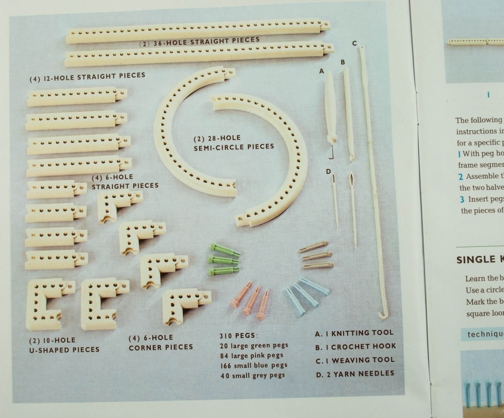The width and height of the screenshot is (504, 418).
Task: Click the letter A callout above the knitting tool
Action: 321,71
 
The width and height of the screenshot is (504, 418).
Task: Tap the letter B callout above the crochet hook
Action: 343,62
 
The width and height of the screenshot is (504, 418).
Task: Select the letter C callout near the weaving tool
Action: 354,43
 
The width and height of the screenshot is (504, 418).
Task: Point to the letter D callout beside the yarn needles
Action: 328,171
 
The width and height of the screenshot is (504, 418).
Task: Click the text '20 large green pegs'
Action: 254,346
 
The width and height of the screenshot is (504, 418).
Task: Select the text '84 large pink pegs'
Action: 251,356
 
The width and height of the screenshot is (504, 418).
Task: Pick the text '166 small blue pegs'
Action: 254,365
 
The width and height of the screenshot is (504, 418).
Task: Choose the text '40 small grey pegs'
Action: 253,376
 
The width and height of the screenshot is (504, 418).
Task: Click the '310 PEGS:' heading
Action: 239,335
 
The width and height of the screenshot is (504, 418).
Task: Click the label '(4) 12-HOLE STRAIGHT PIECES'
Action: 87,77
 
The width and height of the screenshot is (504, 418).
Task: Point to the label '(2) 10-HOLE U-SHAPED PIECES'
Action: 64,345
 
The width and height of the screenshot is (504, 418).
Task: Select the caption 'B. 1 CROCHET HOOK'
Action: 355,347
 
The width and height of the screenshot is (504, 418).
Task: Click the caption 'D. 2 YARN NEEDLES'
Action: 355,374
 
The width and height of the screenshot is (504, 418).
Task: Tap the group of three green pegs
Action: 223,260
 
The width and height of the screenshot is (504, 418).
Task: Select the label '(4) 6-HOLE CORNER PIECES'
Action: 161,342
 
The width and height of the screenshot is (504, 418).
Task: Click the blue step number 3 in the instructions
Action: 462,200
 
